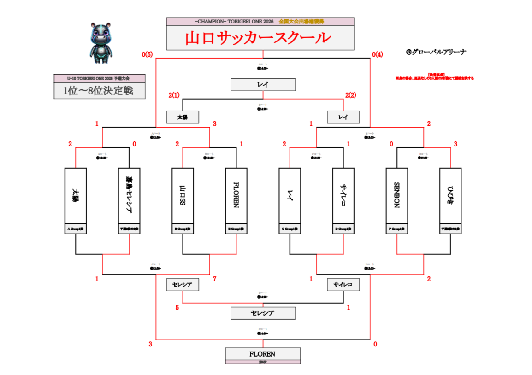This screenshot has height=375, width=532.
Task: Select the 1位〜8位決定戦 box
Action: (99, 90)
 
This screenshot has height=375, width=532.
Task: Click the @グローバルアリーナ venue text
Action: (436, 52)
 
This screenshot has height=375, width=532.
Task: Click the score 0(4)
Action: (377, 55)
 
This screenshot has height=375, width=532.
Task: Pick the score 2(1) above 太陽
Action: (174, 95)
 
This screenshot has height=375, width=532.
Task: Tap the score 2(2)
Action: (351, 95)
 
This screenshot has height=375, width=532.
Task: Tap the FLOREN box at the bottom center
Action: (262, 354)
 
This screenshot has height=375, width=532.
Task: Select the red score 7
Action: (215, 279)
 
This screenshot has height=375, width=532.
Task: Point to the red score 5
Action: (177, 307)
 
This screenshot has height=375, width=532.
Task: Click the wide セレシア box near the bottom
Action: (262, 313)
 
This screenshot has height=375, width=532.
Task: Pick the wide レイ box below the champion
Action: (263, 85)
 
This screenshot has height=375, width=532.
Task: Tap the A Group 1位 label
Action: (76, 229)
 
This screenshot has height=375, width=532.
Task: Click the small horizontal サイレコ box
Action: (343, 285)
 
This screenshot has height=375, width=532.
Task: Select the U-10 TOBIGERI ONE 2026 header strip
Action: (99, 78)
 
